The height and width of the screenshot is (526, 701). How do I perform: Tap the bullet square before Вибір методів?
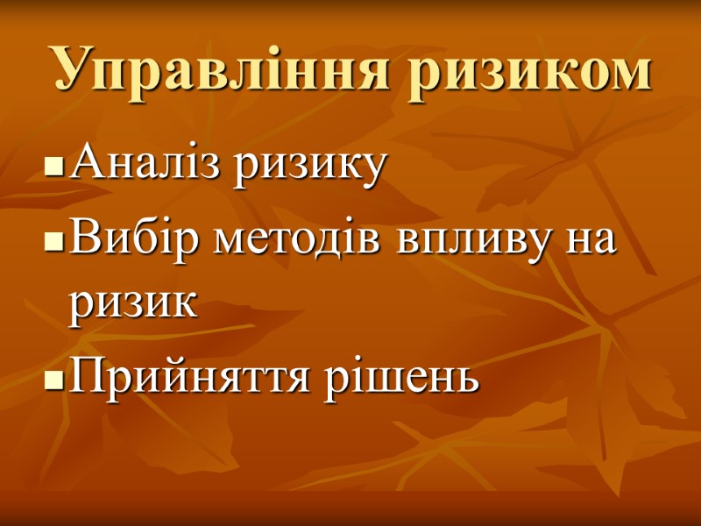pyautogui.click(x=54, y=241)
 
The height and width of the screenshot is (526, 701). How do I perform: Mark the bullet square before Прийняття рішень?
pyautogui.click(x=54, y=380)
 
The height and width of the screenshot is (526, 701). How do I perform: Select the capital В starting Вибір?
pyautogui.click(x=83, y=237)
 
